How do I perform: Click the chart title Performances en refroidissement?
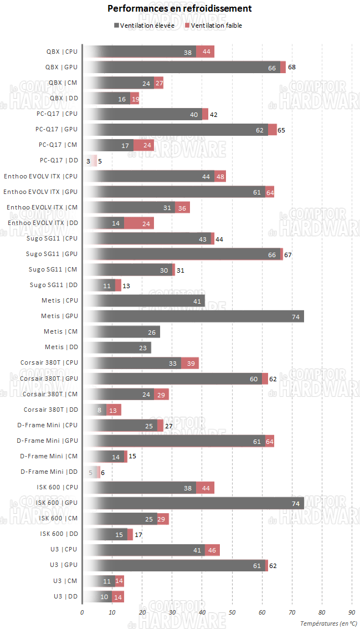click(179, 8)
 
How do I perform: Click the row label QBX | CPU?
click(61, 52)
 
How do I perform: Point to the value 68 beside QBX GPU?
click(291, 67)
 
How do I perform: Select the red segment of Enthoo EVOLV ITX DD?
click(138, 223)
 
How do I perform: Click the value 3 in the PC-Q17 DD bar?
click(89, 161)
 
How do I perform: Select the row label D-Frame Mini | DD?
click(49, 472)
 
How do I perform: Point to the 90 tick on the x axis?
click(351, 612)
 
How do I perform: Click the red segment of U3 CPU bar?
click(212, 550)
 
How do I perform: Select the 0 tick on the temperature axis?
click(82, 612)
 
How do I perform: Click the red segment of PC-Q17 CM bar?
click(143, 145)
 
